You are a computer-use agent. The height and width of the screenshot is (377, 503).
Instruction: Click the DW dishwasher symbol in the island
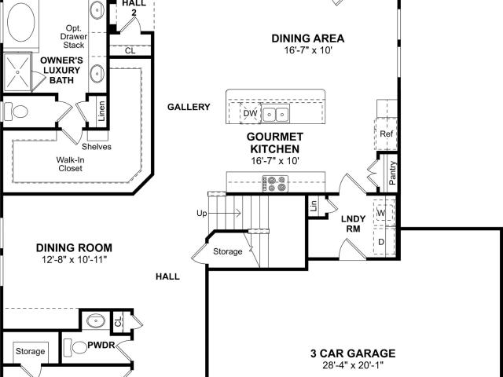pyautogui.click(x=251, y=113)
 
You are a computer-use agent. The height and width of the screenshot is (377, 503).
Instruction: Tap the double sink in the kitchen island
pyautogui.click(x=276, y=113)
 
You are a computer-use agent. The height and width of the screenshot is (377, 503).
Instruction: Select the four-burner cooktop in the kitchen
pyautogui.click(x=275, y=184)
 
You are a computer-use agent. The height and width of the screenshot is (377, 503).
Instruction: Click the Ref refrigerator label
pyautogui.click(x=386, y=134)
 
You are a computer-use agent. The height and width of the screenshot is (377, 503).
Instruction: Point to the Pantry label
pyautogui.click(x=392, y=173)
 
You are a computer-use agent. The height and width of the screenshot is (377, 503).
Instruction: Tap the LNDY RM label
pyautogui.click(x=353, y=224)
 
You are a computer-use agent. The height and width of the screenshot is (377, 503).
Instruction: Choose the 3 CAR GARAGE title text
pyautogui.click(x=353, y=353)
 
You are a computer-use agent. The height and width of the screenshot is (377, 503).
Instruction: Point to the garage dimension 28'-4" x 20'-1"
pyautogui.click(x=353, y=365)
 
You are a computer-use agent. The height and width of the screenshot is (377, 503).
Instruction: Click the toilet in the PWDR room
pyautogui.click(x=75, y=347)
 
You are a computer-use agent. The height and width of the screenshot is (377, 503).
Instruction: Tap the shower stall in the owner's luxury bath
pyautogui.click(x=17, y=72)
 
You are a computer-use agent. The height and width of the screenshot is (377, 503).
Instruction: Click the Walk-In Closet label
pyautogui.click(x=70, y=164)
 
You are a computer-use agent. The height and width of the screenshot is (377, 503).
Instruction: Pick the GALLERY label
pyautogui.click(x=189, y=107)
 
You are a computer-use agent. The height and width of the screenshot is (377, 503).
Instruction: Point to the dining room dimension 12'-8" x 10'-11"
pyautogui.click(x=74, y=260)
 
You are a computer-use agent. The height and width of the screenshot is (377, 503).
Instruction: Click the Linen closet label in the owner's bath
pyautogui.click(x=101, y=111)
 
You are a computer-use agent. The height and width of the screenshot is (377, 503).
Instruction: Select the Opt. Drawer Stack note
pyautogui.click(x=73, y=37)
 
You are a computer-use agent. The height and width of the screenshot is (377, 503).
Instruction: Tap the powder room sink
pyautogui.click(x=96, y=320)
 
